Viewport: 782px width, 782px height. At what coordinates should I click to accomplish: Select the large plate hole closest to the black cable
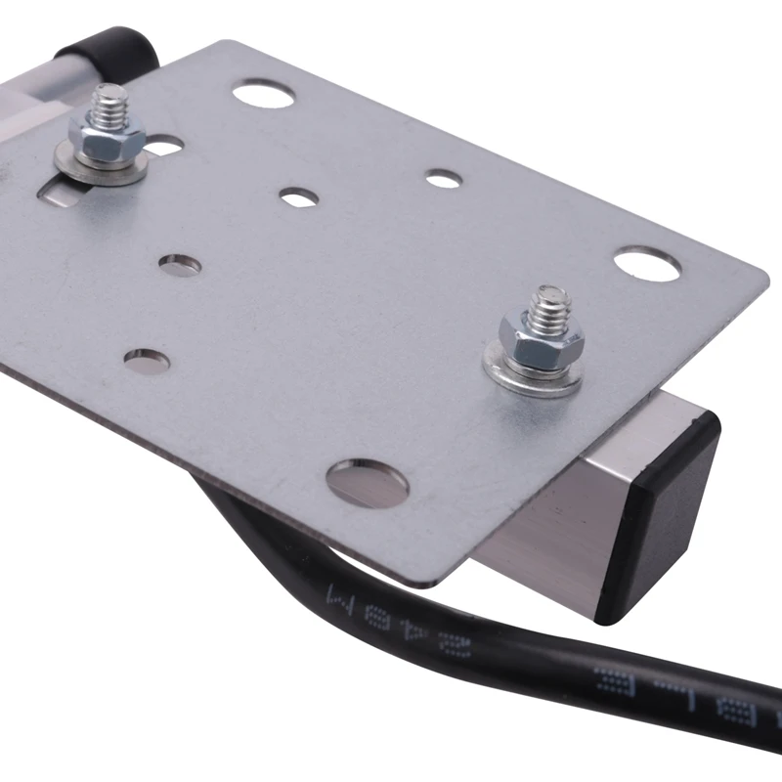367,481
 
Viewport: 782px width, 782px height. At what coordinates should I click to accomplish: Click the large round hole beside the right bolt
647,264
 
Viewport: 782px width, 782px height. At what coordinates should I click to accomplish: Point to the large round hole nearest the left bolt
264,94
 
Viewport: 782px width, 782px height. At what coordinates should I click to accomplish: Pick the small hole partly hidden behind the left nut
164,148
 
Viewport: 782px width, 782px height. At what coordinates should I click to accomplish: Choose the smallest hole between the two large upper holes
443,179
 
